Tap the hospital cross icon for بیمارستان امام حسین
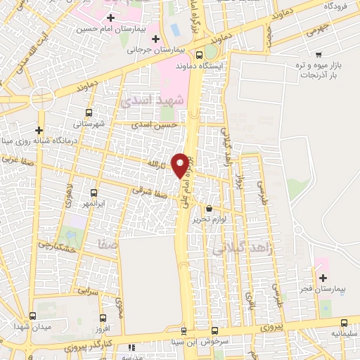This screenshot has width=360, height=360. pyautogui.click(x=110, y=18)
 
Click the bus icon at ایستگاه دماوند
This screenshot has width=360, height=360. pyautogui.click(x=200, y=55)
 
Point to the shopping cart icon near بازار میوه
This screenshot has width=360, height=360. pyautogui.click(x=319, y=54)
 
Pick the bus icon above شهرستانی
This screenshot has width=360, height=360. pyautogui.click(x=89, y=112)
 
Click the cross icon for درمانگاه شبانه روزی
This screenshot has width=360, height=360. pyautogui.click(x=39, y=130)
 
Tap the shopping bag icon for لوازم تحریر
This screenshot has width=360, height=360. pyautogui.click(x=209, y=207)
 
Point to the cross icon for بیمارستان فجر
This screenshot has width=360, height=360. pyautogui.click(x=323, y=277)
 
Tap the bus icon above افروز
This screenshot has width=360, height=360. pyautogui.click(x=103, y=318)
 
